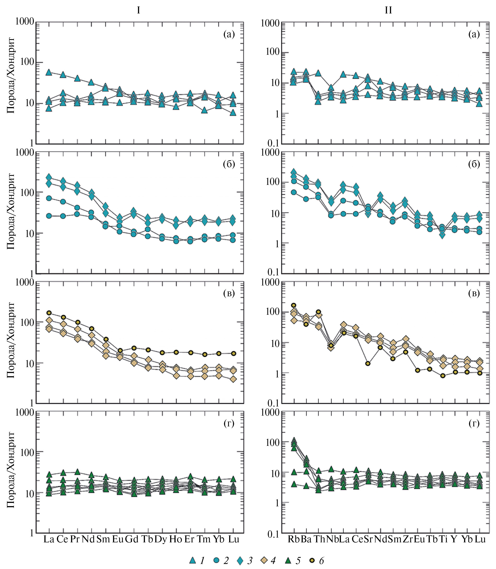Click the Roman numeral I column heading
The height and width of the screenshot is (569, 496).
pos(138,10)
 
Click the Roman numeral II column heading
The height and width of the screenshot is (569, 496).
pos(388,10)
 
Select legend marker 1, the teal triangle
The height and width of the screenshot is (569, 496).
pos(193,560)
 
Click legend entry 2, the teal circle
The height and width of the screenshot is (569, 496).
pos(217,560)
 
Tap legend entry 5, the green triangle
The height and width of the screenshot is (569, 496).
pos(288,560)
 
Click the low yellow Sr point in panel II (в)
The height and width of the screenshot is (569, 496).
pos(368,363)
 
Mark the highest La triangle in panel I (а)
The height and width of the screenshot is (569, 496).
pos(49,72)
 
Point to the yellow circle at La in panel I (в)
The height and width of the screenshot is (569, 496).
pos(49,313)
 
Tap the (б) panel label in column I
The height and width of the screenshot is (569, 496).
pos(229,164)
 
